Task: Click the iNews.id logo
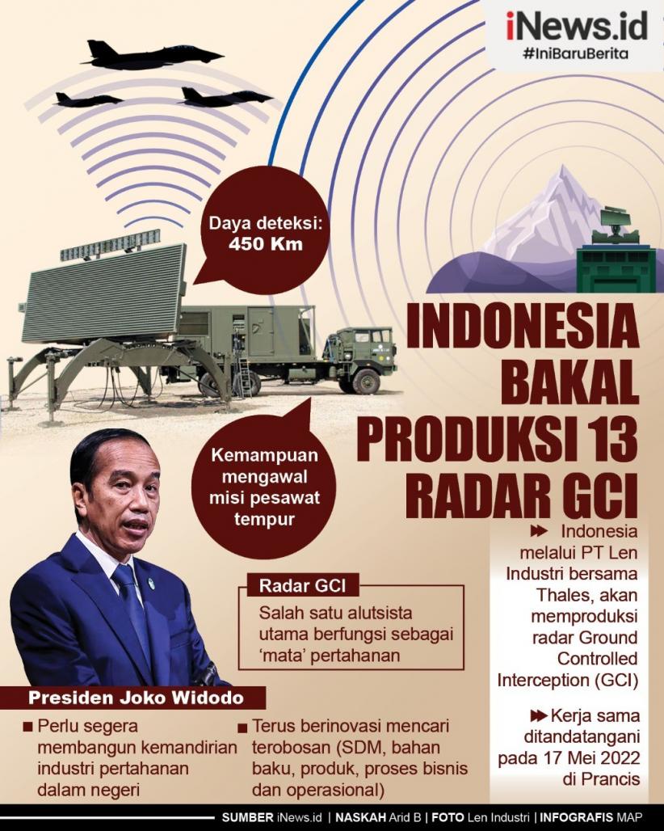pyautogui.click(x=577, y=27)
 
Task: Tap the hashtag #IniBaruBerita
pyautogui.click(x=577, y=54)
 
